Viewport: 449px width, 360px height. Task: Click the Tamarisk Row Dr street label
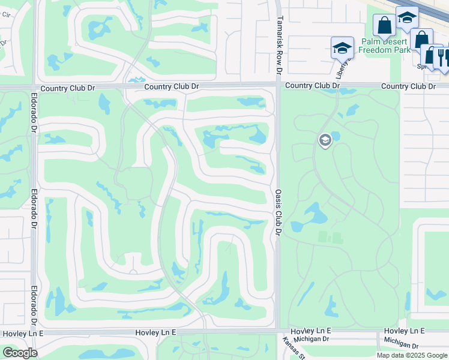coord(279,45)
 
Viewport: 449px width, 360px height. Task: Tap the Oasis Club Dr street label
coord(279,213)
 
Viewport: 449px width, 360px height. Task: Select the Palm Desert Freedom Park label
coord(385,46)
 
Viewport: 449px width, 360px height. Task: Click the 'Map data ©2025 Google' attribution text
coord(411,355)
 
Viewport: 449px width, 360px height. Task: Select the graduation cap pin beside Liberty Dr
coord(342,47)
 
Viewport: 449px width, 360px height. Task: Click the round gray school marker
coord(325,140)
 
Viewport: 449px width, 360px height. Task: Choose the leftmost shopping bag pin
coord(384,25)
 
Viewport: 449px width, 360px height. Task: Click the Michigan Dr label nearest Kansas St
coord(309,340)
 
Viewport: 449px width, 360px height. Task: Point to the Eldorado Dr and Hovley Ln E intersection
coord(34,332)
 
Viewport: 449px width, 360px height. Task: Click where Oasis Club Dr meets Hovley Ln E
coord(278,331)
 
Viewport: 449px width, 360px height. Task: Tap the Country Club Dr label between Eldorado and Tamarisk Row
coord(171,86)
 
